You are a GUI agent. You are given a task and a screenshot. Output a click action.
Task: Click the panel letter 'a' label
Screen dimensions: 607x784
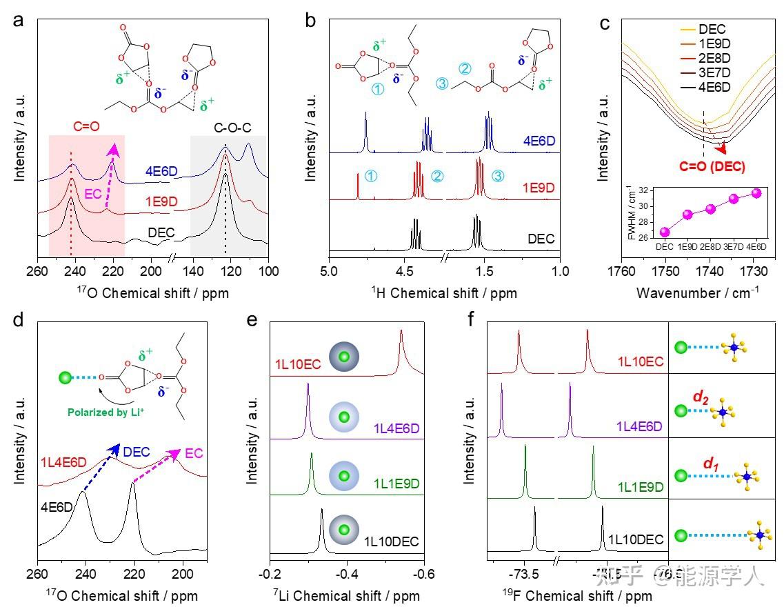[x=19, y=20]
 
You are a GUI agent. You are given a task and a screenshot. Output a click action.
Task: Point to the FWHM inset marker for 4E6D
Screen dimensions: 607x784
[x=756, y=193]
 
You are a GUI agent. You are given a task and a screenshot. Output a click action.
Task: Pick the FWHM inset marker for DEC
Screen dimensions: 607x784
[x=665, y=232]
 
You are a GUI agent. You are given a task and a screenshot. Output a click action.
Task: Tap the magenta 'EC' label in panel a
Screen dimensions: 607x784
[x=94, y=194]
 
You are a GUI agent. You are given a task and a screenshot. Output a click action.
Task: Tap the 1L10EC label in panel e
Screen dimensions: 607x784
[x=299, y=364]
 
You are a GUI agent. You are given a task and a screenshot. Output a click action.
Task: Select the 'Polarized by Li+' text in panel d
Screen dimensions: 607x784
[x=109, y=413]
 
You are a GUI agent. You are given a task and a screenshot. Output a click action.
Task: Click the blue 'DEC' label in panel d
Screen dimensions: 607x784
[x=136, y=451]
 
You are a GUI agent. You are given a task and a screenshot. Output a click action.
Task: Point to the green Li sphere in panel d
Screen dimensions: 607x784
[x=66, y=377]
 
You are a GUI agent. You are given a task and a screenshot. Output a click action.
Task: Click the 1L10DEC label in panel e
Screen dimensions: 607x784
[x=391, y=541]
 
